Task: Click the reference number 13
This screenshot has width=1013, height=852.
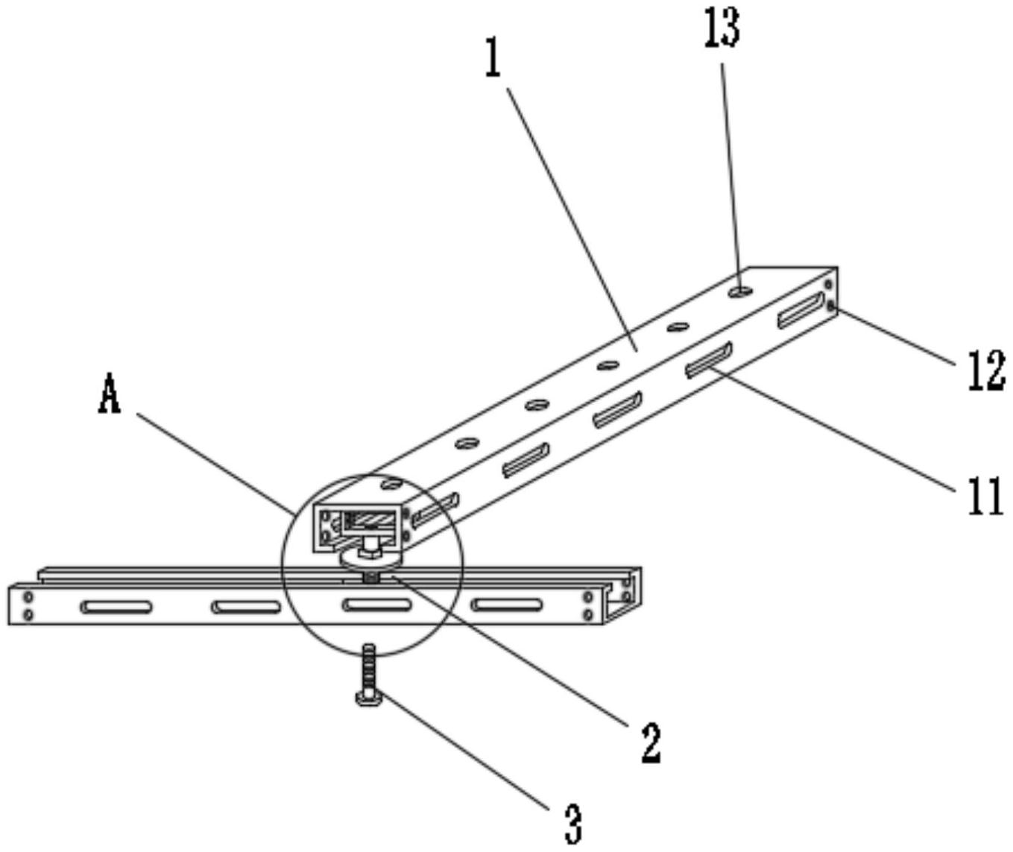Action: (722, 29)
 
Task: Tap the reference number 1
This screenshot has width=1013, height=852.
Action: (493, 59)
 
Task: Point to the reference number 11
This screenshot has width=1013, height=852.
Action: (985, 496)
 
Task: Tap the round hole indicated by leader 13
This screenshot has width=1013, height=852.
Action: (742, 291)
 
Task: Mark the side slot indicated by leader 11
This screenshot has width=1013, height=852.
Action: (709, 359)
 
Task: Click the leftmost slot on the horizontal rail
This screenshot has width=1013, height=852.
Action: (116, 607)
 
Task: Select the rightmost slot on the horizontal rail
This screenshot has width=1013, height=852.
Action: (507, 605)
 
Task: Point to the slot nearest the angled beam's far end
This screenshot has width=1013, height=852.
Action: (801, 310)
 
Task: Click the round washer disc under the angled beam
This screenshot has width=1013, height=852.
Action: (372, 561)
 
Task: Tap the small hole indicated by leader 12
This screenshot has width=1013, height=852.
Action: (830, 306)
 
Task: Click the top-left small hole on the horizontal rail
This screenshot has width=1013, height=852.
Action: (28, 596)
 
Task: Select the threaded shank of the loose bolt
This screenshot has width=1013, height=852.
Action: (370, 668)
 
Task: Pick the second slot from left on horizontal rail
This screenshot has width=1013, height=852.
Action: (246, 607)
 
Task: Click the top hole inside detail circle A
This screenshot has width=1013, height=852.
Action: (391, 484)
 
